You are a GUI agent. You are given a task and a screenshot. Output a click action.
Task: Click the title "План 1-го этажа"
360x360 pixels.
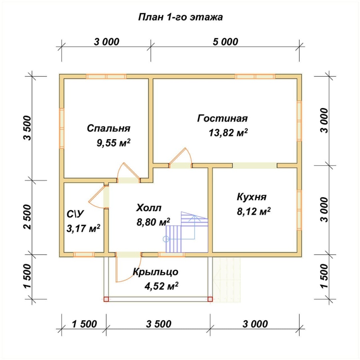[180, 17]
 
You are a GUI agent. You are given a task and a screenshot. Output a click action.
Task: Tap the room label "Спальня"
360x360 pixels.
[108, 128]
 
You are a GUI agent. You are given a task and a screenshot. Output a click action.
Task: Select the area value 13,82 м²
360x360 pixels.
[228, 133]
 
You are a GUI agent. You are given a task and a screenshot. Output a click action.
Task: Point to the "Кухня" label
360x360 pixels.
[252, 197]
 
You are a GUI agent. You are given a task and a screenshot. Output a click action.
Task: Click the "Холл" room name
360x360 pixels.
[149, 208]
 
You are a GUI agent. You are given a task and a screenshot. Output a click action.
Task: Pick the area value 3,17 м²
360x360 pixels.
[83, 228]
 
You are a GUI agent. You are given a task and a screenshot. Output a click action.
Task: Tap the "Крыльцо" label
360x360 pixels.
[156, 272]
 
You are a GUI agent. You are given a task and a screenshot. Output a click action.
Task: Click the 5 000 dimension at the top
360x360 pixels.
[226, 42]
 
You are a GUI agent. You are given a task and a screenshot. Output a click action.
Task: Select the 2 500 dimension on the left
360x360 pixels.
[27, 217]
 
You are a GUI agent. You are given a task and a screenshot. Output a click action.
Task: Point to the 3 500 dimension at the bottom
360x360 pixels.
[159, 324]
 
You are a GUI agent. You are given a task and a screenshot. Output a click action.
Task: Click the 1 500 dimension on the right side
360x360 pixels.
[324, 276]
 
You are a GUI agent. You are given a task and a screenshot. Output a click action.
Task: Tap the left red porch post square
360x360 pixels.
[106, 299]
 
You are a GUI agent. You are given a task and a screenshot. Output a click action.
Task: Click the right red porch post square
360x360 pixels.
[210, 299]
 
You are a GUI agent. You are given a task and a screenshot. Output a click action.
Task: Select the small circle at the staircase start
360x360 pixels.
[166, 239]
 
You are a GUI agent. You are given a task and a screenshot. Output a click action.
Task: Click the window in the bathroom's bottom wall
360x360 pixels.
[84, 254]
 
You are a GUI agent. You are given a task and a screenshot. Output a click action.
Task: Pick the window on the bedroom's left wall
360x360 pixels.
[62, 128]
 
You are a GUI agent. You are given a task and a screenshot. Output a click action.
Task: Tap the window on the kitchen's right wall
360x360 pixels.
[299, 210]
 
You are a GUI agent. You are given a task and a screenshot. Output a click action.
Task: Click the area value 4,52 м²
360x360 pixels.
[162, 286]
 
